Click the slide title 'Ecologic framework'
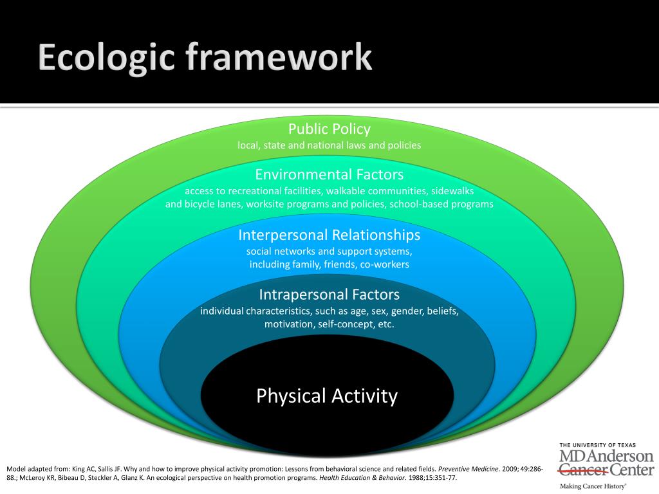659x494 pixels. point(205,59)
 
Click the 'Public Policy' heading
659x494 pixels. point(329,129)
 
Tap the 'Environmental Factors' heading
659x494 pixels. point(329,174)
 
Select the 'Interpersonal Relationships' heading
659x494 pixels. point(329,234)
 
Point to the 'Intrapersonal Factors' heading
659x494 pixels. point(329,295)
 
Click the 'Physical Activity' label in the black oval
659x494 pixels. point(327,396)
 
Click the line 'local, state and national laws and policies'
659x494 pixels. point(329,145)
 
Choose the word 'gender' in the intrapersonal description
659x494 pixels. point(407,311)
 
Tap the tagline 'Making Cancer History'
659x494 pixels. point(592,486)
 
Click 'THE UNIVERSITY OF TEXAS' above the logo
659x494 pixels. point(597,445)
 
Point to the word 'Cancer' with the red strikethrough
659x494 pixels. point(583,470)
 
